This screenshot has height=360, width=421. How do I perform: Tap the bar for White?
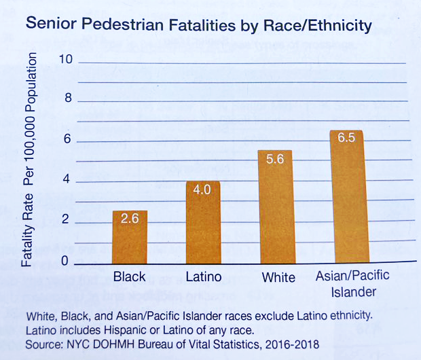[276, 206]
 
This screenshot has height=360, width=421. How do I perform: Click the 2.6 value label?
[129, 219]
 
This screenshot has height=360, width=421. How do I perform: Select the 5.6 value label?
[276, 159]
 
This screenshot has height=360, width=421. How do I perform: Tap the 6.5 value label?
[346, 138]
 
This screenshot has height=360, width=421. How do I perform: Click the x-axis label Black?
[129, 277]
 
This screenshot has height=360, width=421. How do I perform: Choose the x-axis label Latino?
[203, 277]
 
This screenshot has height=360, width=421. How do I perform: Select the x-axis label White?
[278, 277]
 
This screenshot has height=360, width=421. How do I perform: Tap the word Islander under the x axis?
[353, 292]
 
